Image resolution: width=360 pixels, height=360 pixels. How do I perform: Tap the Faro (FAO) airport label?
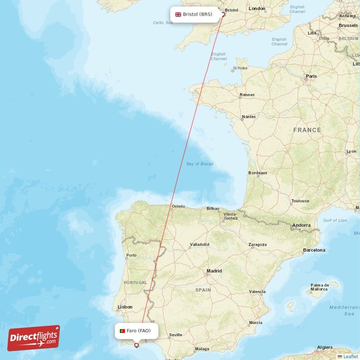[139, 331]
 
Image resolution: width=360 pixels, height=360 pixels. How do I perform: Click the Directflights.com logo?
[34, 338]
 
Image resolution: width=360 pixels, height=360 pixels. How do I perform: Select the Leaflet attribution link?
[350, 356]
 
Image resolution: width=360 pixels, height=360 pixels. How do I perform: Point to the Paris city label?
[311, 76]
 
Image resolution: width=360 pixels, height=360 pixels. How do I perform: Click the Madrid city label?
[214, 271]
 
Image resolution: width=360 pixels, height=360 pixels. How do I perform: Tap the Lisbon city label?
[125, 307]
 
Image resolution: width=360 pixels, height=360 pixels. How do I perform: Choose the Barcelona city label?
[314, 249]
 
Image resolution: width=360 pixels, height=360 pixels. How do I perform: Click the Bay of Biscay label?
[200, 164]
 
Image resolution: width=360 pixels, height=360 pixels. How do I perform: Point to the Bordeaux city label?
[258, 173]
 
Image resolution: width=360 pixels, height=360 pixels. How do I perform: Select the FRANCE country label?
[307, 130]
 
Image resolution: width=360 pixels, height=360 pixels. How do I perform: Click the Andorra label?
[301, 225]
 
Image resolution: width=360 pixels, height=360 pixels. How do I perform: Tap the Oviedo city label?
[178, 207]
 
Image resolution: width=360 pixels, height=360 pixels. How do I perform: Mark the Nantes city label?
[248, 117]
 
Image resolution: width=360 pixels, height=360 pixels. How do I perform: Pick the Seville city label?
[175, 335]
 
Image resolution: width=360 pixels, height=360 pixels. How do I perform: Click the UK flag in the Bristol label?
[178, 14]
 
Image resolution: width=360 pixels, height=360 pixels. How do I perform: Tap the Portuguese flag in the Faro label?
[122, 331]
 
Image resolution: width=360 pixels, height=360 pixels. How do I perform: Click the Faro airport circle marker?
[136, 346]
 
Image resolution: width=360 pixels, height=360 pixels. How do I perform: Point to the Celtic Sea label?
[163, 22]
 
